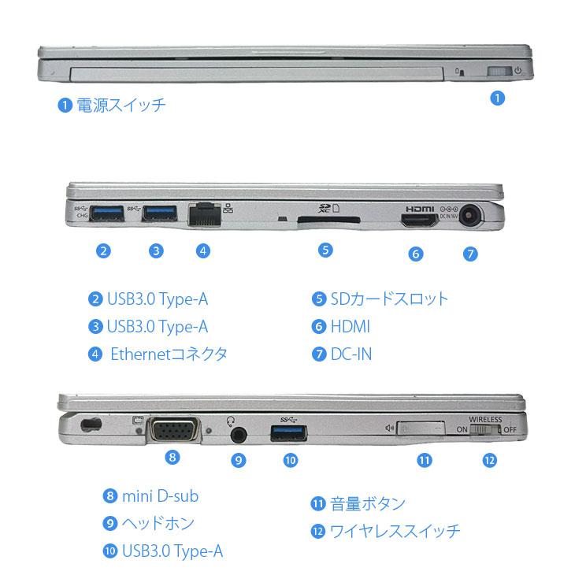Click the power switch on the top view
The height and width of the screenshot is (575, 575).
pos(498,72)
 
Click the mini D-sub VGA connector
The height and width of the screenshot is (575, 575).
pos(173,429)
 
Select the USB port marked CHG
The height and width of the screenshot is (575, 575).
pos(107,213)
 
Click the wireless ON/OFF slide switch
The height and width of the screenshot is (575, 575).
pos(485,431)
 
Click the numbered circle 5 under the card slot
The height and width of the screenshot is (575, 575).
pos(325,250)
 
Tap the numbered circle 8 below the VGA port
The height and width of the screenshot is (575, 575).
pos(173,456)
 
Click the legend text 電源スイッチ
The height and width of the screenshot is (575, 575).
pos(121,105)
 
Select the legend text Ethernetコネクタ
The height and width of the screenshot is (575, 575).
pos(169,354)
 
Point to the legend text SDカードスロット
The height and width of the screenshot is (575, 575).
pos(388,299)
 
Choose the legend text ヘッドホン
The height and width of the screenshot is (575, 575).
pos(158,523)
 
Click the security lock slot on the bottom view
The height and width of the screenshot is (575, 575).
pos(91,424)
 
